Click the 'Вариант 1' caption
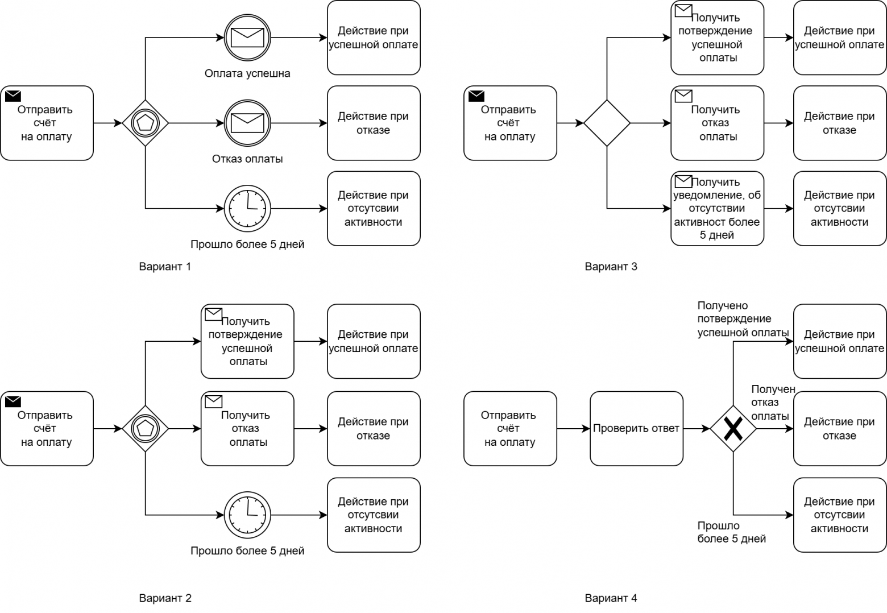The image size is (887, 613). click(165, 266)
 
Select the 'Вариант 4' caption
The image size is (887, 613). click(611, 598)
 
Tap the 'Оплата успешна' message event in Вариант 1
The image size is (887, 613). click(247, 38)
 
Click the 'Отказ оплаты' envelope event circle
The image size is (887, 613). click(247, 123)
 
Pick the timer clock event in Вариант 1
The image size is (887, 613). click(247, 209)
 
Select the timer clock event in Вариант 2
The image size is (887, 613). click(247, 515)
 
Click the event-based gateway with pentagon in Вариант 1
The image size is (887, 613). click(146, 123)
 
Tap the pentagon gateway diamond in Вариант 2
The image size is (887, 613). click(146, 429)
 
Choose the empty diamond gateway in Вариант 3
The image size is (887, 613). click(607, 123)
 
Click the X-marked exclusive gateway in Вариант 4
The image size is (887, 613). click(733, 429)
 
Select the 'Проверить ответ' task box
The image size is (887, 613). click(636, 429)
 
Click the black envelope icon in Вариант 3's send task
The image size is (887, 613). click(476, 96)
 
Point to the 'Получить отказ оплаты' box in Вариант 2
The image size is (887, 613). click(247, 429)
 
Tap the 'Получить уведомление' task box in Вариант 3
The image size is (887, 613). click(717, 209)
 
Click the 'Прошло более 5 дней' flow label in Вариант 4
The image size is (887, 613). click(731, 532)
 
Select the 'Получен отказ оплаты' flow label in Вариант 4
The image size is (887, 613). click(772, 403)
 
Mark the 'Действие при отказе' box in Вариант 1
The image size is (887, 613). click(373, 123)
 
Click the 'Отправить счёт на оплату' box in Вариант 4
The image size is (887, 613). click(510, 429)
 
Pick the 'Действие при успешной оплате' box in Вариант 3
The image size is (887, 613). click(839, 38)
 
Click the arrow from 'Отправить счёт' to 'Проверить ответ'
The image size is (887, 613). click(573, 429)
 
